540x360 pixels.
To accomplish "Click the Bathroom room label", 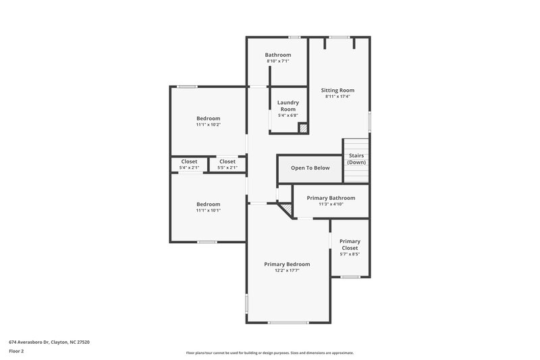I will (277, 55).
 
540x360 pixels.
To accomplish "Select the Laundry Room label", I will (288, 105).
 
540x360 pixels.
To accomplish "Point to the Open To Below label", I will (310, 168).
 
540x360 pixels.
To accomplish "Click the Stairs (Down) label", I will (357, 159).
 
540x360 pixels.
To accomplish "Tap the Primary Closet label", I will (350, 245).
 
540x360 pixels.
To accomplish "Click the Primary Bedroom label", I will (287, 264).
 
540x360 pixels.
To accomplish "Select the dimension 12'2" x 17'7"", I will (287, 271).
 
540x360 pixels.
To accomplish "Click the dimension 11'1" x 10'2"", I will (208, 125).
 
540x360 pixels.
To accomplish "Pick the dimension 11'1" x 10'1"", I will (208, 210).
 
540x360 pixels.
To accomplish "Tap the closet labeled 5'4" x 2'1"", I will (189, 164).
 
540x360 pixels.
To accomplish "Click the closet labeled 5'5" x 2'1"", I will (227, 164).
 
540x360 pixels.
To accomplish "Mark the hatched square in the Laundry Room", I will (303, 127).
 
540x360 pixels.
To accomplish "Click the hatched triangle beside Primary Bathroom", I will (288, 212).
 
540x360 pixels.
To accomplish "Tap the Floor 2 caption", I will (17, 352).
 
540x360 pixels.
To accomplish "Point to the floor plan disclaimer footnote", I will (269, 353).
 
